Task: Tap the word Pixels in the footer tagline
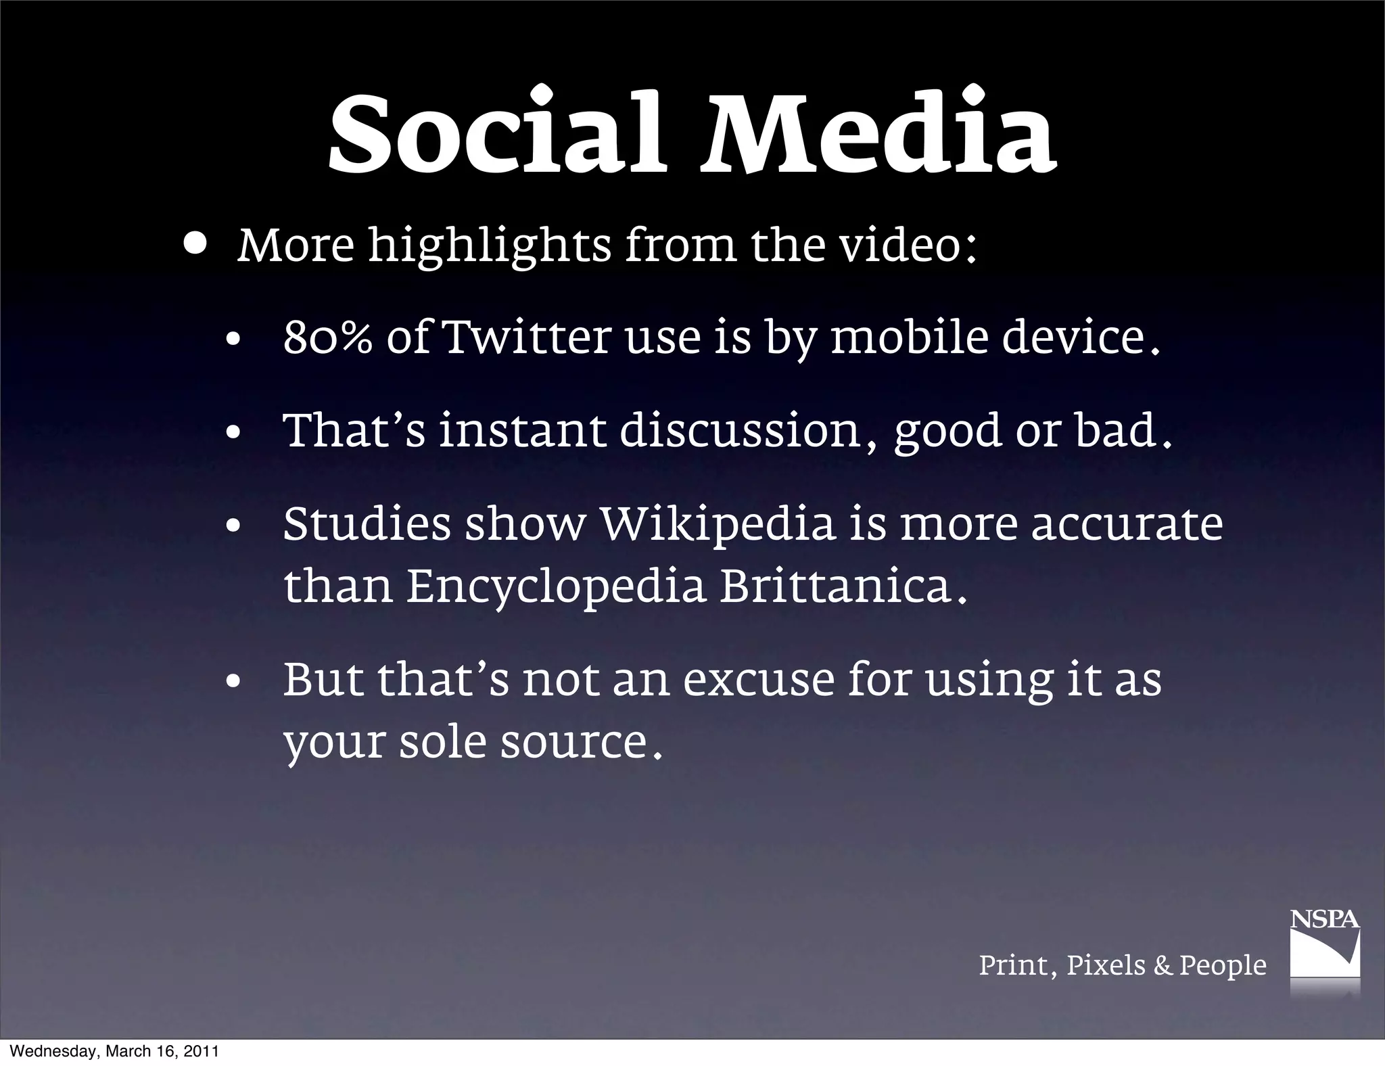pyautogui.click(x=1106, y=965)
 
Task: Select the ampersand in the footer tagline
pyautogui.click(x=1163, y=965)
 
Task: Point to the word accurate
pyautogui.click(x=1127, y=524)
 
